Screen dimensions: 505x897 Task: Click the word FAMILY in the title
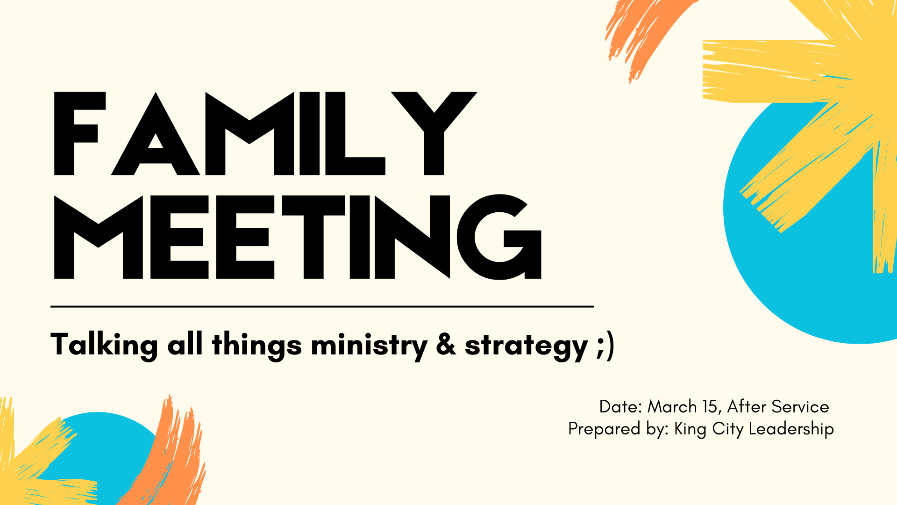click(x=265, y=134)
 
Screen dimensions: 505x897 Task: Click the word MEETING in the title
click(x=298, y=237)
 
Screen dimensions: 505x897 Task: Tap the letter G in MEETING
click(x=499, y=237)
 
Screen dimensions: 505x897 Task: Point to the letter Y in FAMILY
click(x=434, y=134)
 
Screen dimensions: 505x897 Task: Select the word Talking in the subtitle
click(x=104, y=346)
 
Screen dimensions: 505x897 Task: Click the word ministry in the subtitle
click(x=369, y=346)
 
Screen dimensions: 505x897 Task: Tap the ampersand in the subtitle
click(x=446, y=345)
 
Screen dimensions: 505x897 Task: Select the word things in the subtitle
click(x=257, y=346)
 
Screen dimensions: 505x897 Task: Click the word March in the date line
click(x=672, y=407)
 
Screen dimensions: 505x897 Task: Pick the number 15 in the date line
click(x=710, y=407)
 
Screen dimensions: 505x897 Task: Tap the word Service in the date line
click(x=800, y=407)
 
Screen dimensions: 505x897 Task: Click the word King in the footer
click(x=690, y=429)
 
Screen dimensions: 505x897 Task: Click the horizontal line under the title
click(x=322, y=307)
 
